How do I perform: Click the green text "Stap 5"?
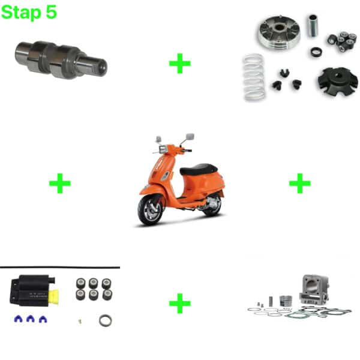click(x=29, y=13)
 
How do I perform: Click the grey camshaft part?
click(x=61, y=59)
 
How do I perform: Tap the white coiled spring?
click(x=254, y=77)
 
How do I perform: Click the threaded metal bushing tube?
click(x=313, y=25)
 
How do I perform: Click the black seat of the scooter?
click(x=199, y=169)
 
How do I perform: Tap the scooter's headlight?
click(x=163, y=149)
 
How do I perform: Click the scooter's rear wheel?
click(x=212, y=205)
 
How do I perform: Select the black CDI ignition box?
click(x=32, y=290)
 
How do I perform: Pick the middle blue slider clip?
click(x=31, y=319)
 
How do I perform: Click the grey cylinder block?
click(x=314, y=289)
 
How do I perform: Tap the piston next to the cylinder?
click(x=286, y=301)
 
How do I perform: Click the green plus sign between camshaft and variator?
click(x=180, y=64)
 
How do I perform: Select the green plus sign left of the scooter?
click(x=60, y=183)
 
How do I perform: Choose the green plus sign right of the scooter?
click(x=300, y=183)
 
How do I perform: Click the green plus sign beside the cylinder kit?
click(x=180, y=303)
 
